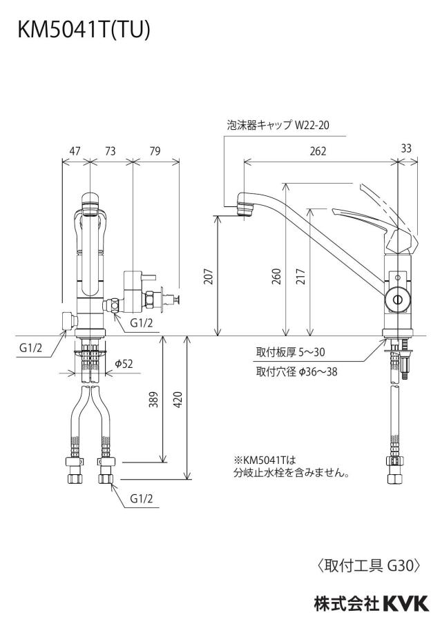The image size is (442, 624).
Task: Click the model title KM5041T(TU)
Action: point(84,30)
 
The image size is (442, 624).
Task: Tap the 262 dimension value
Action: point(318,151)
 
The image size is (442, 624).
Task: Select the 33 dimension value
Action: point(406,148)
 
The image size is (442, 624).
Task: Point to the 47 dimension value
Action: point(75,151)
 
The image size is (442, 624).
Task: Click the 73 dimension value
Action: point(110,151)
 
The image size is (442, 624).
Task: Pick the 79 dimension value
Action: point(155,151)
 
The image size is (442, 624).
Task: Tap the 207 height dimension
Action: point(209,277)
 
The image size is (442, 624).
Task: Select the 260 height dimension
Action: point(276,277)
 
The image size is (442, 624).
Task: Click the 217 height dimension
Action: point(300,277)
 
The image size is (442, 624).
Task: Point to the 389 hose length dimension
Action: point(153,400)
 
